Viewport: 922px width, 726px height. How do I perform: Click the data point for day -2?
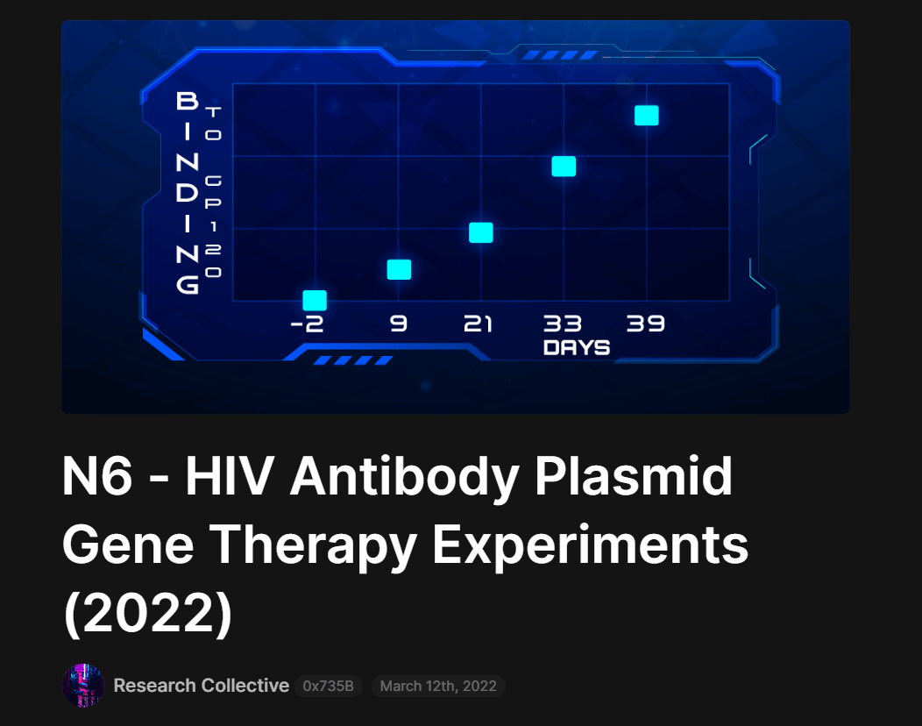[315, 300]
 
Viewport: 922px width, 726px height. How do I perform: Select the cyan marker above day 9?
[400, 269]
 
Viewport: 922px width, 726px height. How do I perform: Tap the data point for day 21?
[481, 233]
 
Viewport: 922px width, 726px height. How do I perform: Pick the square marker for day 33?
[564, 167]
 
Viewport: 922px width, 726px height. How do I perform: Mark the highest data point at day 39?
[647, 116]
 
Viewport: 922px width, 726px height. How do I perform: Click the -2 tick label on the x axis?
[307, 324]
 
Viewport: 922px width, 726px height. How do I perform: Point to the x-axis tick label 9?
[399, 324]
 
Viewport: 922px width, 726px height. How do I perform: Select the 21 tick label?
[478, 324]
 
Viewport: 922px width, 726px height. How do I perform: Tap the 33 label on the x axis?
[562, 324]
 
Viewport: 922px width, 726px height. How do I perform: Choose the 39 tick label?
[646, 324]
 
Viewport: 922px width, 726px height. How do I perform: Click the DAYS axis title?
[577, 348]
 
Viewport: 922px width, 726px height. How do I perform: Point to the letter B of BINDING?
[188, 101]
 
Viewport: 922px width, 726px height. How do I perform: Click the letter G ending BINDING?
[188, 285]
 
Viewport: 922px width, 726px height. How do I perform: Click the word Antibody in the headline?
[404, 477]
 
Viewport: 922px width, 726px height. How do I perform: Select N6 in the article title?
[97, 476]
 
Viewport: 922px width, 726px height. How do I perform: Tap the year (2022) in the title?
[148, 613]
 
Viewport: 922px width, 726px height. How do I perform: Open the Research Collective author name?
[201, 686]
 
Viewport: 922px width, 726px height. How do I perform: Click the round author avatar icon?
[83, 686]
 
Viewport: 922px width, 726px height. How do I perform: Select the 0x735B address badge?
[328, 686]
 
